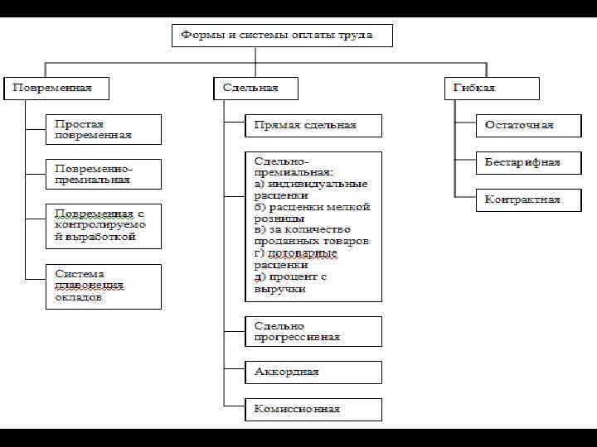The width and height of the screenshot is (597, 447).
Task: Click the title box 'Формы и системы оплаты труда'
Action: pyautogui.click(x=282, y=36)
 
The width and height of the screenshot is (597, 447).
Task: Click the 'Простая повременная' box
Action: pyautogui.click(x=103, y=129)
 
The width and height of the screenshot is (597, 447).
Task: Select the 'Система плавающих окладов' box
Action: pyautogui.click(x=103, y=286)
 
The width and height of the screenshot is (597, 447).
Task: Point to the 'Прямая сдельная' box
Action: pyautogui.click(x=313, y=125)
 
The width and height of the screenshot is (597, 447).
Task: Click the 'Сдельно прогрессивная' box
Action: pyautogui.click(x=313, y=331)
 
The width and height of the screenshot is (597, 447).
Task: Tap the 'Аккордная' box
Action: pyautogui.click(x=313, y=372)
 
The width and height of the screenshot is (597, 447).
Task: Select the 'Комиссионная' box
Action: pyautogui.click(x=313, y=409)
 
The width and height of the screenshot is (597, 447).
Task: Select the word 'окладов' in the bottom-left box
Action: pyautogui.click(x=79, y=297)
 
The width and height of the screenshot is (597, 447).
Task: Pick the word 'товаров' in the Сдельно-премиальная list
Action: pyautogui.click(x=347, y=242)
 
